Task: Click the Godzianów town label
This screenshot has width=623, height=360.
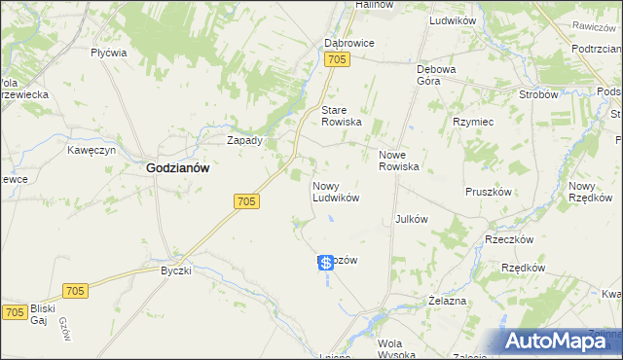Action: (x=178, y=167)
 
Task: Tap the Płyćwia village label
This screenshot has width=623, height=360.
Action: (x=108, y=54)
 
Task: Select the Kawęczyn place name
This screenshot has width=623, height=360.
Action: (x=92, y=151)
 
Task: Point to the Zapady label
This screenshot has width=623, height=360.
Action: (x=244, y=140)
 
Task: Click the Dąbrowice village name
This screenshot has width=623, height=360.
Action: (x=348, y=44)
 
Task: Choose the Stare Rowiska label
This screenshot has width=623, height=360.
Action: (x=342, y=116)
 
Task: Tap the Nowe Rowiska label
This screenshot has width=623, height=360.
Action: (x=398, y=161)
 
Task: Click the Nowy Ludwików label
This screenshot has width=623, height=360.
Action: (x=336, y=191)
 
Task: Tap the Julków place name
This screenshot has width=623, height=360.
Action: (x=412, y=219)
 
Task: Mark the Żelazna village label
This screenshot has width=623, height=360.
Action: (x=447, y=302)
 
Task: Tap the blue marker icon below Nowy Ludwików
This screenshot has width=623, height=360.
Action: (x=326, y=264)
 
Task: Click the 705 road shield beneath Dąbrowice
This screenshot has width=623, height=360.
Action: (x=337, y=60)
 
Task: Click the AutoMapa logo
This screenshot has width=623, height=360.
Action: (x=563, y=341)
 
